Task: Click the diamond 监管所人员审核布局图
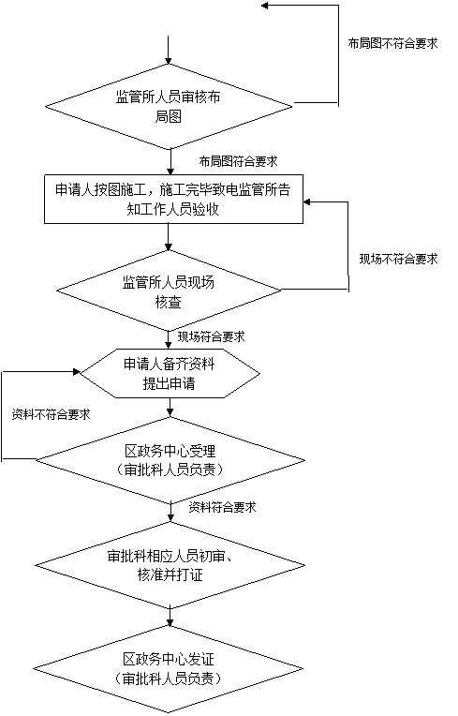click(169, 107)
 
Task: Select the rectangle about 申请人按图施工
click(173, 199)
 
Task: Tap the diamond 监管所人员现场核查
click(169, 291)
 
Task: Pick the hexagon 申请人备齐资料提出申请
click(170, 374)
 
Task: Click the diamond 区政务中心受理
click(170, 460)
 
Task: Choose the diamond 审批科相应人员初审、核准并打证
click(170, 565)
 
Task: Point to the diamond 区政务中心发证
click(169, 669)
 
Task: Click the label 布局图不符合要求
click(392, 43)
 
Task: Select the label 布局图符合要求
click(238, 161)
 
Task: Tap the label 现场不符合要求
click(399, 260)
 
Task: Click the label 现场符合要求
click(212, 337)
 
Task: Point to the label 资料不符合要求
click(52, 414)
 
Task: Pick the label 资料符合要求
click(223, 507)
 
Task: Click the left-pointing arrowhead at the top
click(265, 6)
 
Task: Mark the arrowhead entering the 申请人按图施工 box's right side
click(307, 201)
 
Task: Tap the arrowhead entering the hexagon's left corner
click(76, 372)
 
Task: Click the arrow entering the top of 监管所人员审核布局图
click(169, 50)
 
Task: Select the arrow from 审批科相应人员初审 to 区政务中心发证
click(170, 618)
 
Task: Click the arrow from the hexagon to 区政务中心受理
click(170, 408)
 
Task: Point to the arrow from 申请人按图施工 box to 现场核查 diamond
click(169, 237)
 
